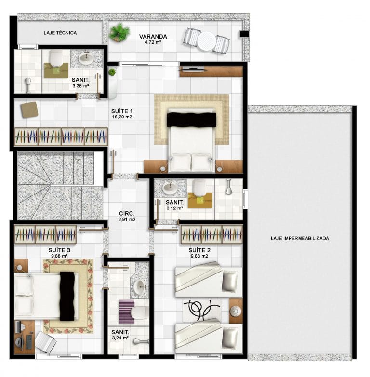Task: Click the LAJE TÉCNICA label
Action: click(60, 33)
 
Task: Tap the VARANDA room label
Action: click(153, 37)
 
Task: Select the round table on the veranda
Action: click(206, 41)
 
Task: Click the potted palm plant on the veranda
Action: click(119, 32)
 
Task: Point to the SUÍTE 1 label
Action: click(122, 111)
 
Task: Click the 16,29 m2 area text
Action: click(122, 117)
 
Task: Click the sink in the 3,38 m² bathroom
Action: click(87, 58)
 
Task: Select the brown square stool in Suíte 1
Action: click(29, 110)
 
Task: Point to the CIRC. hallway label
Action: click(127, 213)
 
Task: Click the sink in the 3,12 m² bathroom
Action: click(170, 188)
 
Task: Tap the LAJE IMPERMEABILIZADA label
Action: click(300, 238)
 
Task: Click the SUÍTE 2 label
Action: click(199, 250)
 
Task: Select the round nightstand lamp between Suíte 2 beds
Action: click(236, 312)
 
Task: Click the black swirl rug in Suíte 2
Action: click(201, 310)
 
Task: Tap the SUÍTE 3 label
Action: click(59, 250)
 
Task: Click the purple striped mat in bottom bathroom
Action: click(127, 312)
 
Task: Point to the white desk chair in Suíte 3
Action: click(46, 342)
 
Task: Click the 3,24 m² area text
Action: click(120, 338)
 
